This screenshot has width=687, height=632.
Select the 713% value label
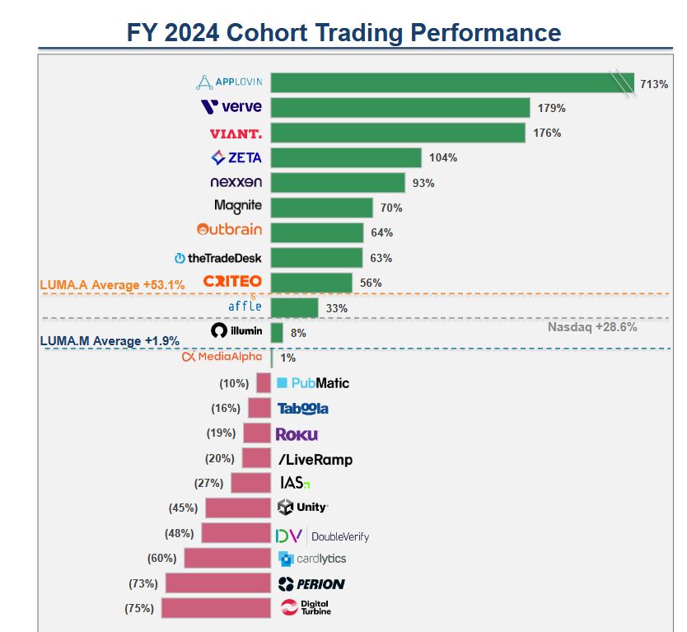tap(654, 84)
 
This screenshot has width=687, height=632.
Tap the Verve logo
tap(231, 107)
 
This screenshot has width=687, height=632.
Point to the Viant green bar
tap(398, 133)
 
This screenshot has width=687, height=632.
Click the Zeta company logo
tap(236, 157)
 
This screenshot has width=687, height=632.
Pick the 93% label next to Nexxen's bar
tap(423, 183)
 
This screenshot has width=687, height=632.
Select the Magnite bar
tap(321, 208)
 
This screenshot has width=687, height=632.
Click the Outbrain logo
tap(230, 230)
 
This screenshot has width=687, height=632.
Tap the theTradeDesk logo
tap(218, 258)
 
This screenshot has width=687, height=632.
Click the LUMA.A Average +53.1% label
tap(112, 284)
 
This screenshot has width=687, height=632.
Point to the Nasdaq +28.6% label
tap(592, 327)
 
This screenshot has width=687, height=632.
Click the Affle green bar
tap(294, 307)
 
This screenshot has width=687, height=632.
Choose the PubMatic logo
tap(313, 383)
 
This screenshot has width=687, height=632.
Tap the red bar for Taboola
tap(259, 408)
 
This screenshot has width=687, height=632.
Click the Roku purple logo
tap(297, 433)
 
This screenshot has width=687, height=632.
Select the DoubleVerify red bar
tap(236, 533)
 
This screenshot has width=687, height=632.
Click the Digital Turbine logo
tap(306, 608)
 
